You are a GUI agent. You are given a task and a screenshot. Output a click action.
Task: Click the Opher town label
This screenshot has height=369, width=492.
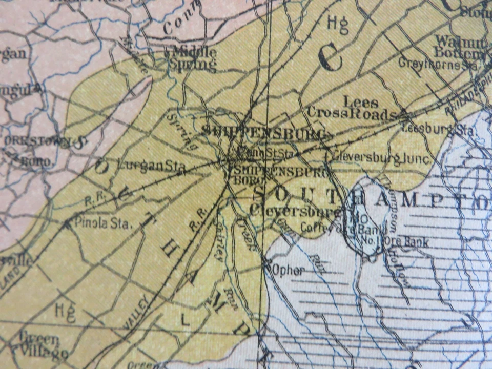pos(290,270)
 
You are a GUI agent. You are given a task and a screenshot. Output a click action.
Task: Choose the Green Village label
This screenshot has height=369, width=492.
pos(43,346)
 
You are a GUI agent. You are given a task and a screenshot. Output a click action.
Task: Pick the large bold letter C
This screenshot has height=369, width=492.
pos(330,58)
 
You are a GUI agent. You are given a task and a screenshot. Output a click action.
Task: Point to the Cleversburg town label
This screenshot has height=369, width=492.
pos(295,210)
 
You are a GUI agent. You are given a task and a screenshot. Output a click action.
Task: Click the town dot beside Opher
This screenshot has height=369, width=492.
pos(267,264)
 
